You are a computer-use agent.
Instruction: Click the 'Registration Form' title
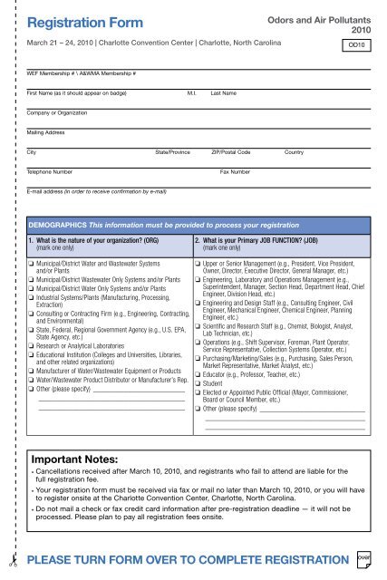(80, 20)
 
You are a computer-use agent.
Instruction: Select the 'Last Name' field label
(223, 93)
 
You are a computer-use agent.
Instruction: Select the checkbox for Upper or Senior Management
(199, 262)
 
